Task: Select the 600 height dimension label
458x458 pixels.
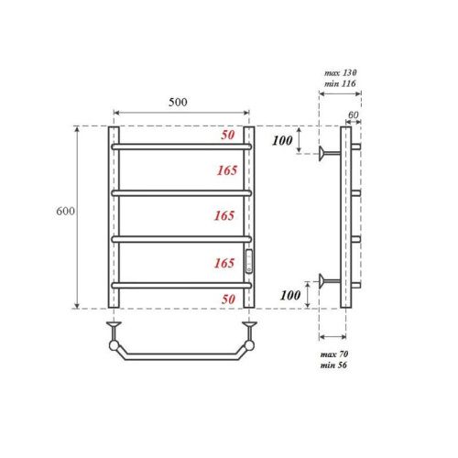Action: (x=65, y=212)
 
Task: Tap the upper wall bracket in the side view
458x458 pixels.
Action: (x=327, y=153)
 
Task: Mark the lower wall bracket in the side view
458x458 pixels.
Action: (x=327, y=279)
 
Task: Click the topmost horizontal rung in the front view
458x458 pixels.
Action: (x=181, y=146)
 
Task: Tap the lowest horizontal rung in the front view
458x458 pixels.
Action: (x=181, y=286)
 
